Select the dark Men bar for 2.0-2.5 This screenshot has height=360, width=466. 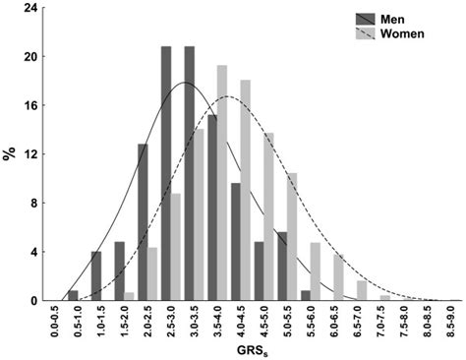coord(143,222)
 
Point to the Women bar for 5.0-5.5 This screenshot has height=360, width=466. coord(292,237)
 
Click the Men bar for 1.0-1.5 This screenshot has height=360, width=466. coord(96,276)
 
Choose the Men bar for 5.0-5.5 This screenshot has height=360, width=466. coord(282,267)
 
